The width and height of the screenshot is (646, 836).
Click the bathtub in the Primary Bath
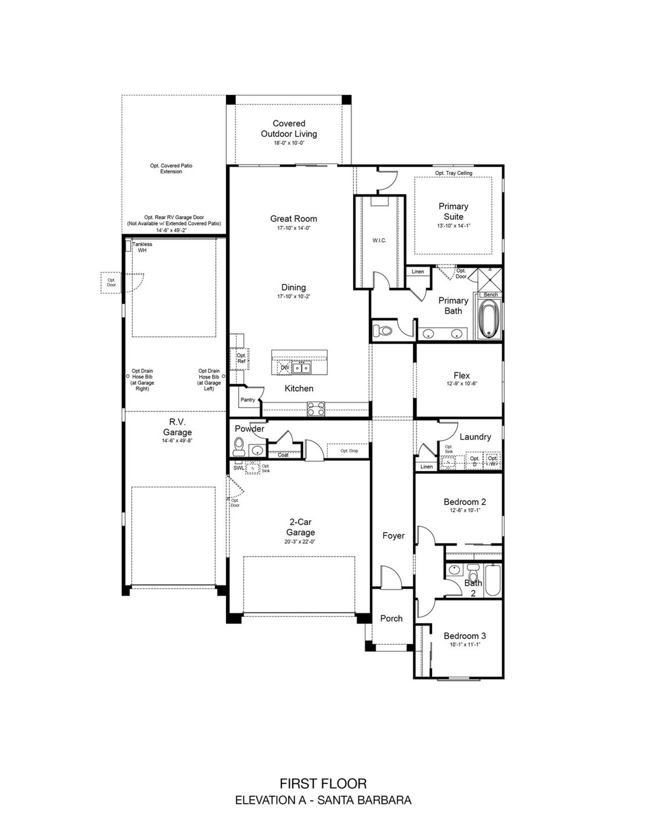[x=488, y=319]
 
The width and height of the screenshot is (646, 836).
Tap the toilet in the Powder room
[x=239, y=447]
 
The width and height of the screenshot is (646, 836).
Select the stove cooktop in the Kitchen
[x=316, y=408]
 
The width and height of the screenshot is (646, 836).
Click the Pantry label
[x=248, y=400]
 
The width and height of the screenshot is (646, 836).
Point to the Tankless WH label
[x=142, y=247]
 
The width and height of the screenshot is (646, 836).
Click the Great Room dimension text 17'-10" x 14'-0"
[x=293, y=228]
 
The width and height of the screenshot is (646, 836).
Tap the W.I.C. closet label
[x=380, y=240]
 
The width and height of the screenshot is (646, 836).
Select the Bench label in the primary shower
[x=491, y=294]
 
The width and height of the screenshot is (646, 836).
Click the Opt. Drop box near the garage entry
[x=349, y=451]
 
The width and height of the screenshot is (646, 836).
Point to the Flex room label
[x=461, y=375]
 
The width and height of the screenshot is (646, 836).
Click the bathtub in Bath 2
[x=493, y=580]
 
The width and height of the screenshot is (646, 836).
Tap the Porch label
[x=391, y=618]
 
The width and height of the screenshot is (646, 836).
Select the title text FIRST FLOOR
[x=323, y=783]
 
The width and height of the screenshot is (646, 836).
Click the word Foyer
[x=393, y=536]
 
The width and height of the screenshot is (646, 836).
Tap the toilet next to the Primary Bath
[x=383, y=331]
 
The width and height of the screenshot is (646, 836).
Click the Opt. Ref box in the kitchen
[x=241, y=358]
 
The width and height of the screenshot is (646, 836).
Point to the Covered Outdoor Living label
[x=289, y=128]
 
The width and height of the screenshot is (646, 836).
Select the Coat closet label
[x=283, y=455]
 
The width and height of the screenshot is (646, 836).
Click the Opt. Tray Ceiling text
[x=454, y=173]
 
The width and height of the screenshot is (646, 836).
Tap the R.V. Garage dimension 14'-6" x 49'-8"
[x=177, y=441]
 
